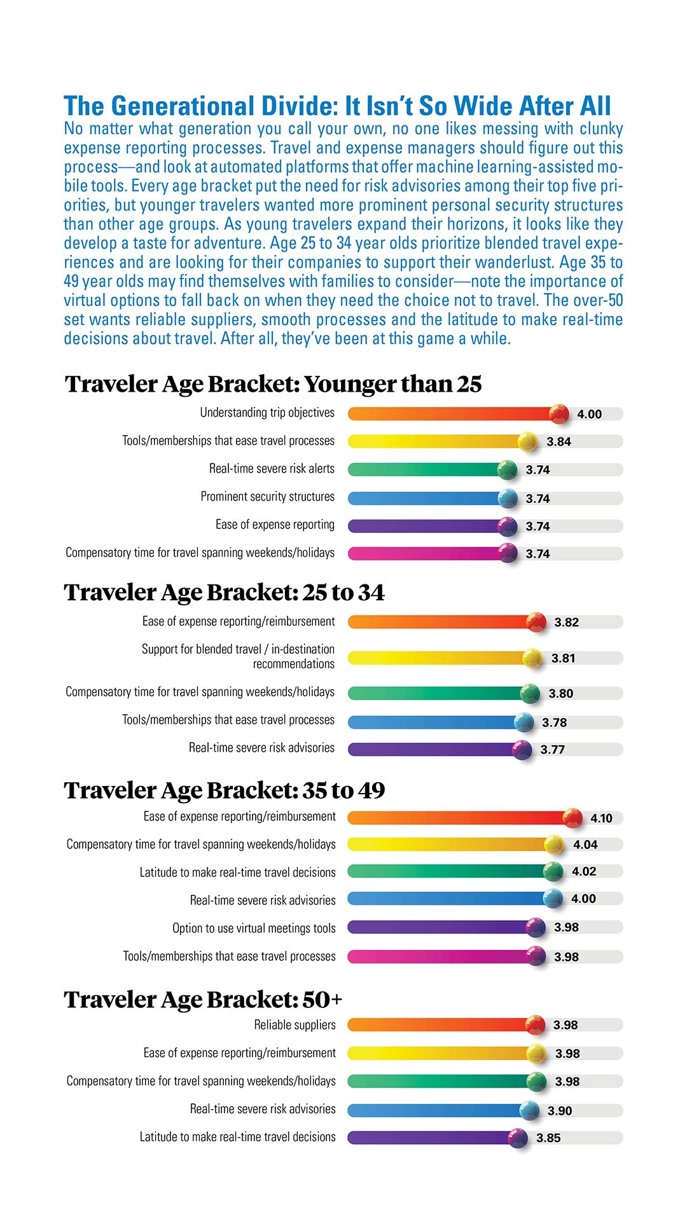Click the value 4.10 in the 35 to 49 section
[601, 818]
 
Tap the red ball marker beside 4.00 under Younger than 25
[559, 413]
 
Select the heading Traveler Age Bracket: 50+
[203, 1000]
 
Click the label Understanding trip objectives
[267, 413]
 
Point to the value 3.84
[559, 441]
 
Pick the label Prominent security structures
[267, 497]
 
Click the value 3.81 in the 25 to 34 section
[563, 658]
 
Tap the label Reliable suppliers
[295, 1025]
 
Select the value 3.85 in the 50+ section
[548, 1138]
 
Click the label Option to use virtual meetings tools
[254, 928]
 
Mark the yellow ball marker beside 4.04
[554, 845]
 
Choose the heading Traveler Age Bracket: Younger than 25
[273, 384]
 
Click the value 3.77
[552, 750]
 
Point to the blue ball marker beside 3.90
[529, 1110]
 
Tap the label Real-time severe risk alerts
[272, 469]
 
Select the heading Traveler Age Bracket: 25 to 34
[224, 593]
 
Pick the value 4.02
[584, 871]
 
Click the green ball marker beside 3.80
[530, 693]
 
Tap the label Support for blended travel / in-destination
[238, 649]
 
